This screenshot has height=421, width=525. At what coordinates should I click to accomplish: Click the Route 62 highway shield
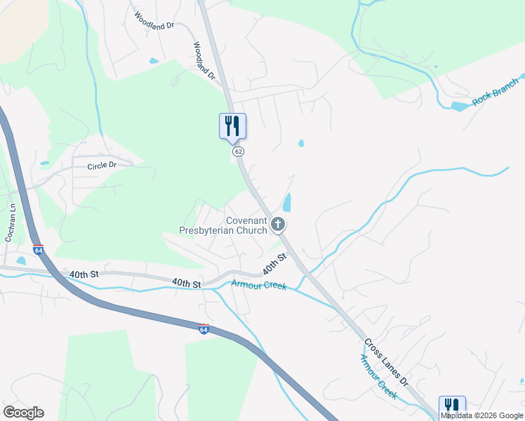239,152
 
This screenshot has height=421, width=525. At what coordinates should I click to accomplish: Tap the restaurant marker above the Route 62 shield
232,126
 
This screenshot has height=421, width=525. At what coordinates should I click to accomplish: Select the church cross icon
278,225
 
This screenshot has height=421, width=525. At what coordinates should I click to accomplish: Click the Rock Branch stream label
496,92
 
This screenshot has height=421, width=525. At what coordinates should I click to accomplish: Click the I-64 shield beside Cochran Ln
38,249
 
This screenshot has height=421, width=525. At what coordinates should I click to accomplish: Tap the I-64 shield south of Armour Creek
204,328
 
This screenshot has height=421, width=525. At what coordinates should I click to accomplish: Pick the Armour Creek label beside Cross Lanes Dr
379,377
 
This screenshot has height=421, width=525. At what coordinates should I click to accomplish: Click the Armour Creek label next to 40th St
259,286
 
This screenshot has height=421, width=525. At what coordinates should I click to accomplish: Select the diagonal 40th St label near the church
276,264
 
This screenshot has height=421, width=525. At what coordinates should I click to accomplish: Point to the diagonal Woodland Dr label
203,61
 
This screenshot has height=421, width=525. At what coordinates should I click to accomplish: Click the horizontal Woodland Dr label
154,25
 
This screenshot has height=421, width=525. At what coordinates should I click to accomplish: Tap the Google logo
23,413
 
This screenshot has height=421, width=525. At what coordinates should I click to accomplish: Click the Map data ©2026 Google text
482,415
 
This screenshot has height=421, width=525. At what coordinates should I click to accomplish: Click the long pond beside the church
286,203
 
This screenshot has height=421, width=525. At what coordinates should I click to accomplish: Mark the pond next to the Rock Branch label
460,107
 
